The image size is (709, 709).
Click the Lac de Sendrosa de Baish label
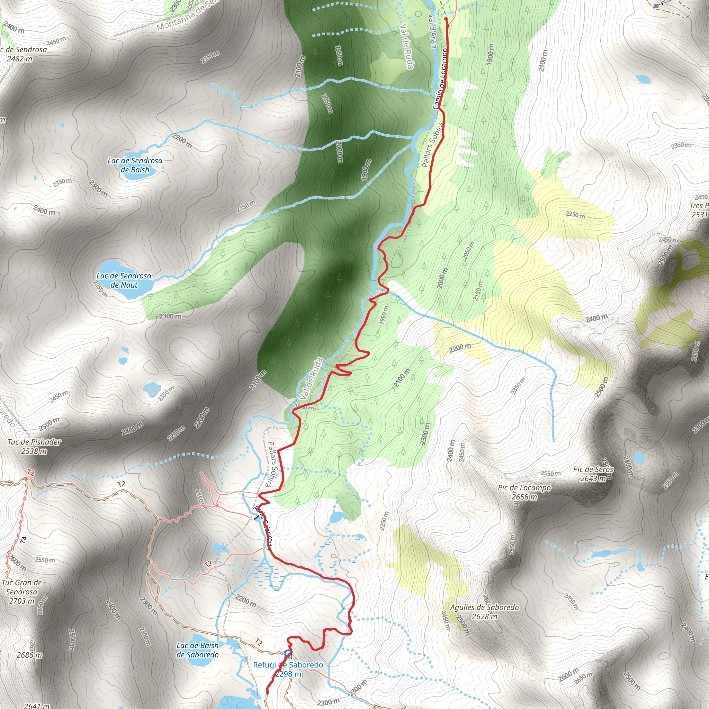pos(135,165)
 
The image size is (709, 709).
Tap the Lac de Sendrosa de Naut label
pos(124,280)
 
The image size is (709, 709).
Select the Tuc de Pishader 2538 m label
pos(34,446)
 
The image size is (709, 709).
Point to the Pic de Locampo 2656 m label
pos(524,492)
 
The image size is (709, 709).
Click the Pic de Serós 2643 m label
pos(593,474)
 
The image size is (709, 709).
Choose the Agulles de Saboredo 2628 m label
pos(484,612)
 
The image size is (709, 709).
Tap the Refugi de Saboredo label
pos(288,665)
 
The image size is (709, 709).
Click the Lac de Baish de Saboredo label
pos(197,650)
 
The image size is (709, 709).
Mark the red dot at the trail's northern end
pos(446,18)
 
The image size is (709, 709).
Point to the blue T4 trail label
pos(24,540)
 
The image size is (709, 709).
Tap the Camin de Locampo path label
pos(441,79)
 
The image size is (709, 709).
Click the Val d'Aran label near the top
pos(433,31)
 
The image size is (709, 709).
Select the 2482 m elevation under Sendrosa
pos(19,59)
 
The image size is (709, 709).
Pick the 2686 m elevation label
pos(29,655)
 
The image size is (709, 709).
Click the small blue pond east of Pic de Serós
pos(639,458)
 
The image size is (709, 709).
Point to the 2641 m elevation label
pos(37,706)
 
